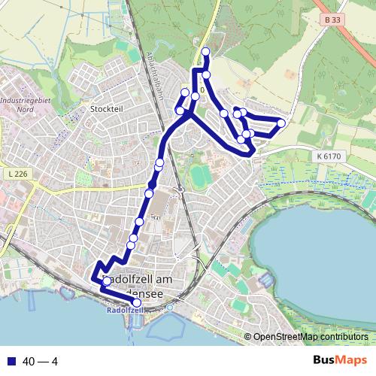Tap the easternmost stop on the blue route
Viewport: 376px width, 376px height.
pyautogui.click(x=281, y=123)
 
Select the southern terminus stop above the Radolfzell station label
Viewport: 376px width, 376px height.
pyautogui.click(x=136, y=302)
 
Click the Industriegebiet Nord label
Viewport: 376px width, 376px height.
pyautogui.click(x=20, y=104)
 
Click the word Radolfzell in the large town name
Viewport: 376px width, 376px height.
pyautogui.click(x=125, y=280)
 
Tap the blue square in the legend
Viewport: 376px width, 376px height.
pyautogui.click(x=9, y=362)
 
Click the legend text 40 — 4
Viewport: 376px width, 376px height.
pyautogui.click(x=41, y=362)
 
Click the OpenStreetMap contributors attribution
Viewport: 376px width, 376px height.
pyautogui.click(x=310, y=337)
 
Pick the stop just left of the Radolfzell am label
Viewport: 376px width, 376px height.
pyautogui.click(x=106, y=281)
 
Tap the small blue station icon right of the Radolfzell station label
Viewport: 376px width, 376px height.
pyautogui.click(x=169, y=307)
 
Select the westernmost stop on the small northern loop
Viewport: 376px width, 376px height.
pyautogui.click(x=180, y=111)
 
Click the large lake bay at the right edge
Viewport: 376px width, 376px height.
pyautogui.click(x=316, y=248)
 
